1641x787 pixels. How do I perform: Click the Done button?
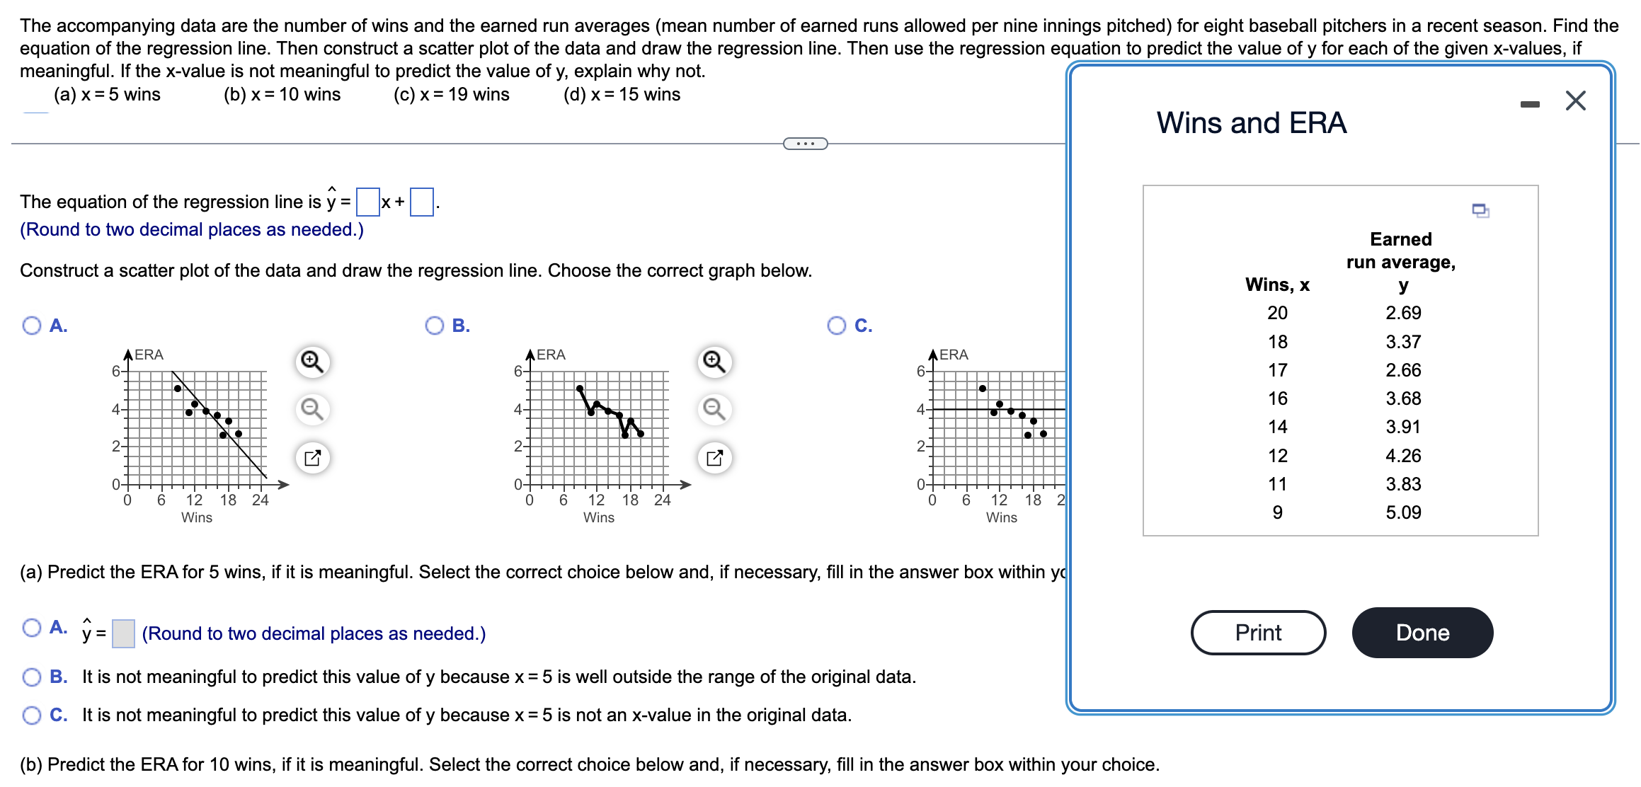coord(1422,632)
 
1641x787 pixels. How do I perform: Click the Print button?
coord(1258,632)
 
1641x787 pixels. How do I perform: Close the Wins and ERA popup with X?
coord(1575,100)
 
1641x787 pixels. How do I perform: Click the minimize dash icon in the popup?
coord(1529,104)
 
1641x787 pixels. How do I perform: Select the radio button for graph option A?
coord(32,326)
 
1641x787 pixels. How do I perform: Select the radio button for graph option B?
coord(434,326)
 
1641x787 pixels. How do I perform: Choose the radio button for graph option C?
coord(836,326)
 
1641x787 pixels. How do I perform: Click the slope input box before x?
coord(367,202)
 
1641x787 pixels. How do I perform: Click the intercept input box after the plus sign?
coord(421,202)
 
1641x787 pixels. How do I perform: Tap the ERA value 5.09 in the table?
coord(1402,512)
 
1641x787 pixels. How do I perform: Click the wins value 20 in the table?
coord(1277,313)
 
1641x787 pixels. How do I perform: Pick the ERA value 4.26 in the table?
coord(1402,456)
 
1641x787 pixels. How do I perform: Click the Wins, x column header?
coord(1277,285)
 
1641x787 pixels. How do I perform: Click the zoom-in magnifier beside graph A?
coord(312,362)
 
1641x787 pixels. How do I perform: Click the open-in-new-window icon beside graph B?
coord(714,458)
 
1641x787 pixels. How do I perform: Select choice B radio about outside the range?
coord(32,677)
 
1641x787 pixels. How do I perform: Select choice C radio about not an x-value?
coord(32,716)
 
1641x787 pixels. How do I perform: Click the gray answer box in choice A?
coord(123,633)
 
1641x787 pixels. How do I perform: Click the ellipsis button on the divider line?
coord(805,144)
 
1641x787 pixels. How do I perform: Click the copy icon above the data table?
coord(1480,210)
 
